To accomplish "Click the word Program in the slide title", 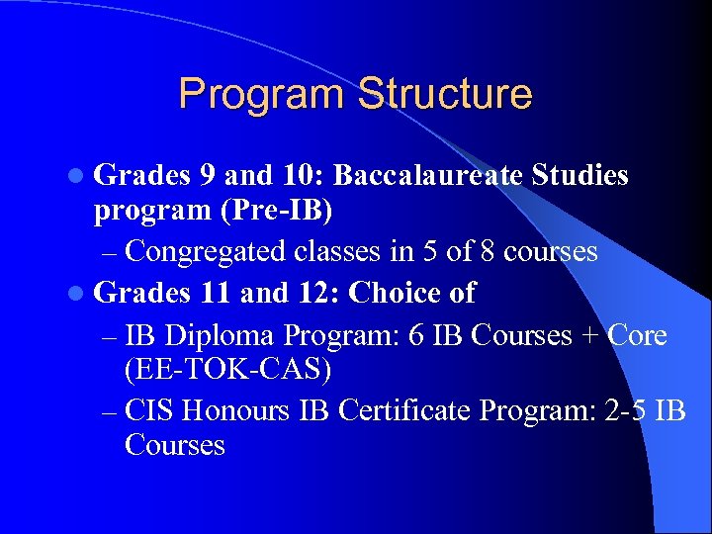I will (x=262, y=95).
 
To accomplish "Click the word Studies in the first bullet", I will (x=579, y=176).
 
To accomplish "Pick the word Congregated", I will (x=207, y=252).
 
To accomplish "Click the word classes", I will (x=334, y=252).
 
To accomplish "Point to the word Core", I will (x=638, y=335).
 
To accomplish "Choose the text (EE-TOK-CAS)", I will (x=227, y=370).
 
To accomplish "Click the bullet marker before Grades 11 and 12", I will (x=79, y=295).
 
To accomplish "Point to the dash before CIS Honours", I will (x=110, y=408).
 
